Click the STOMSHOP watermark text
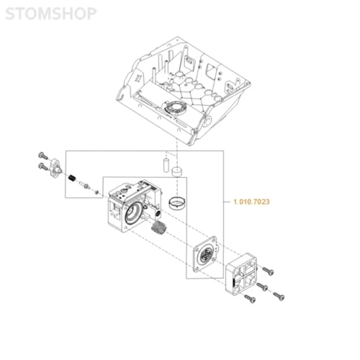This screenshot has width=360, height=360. pyautogui.click(x=51, y=14)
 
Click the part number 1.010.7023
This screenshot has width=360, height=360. pyautogui.click(x=251, y=202)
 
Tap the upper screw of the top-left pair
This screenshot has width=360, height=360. pyautogui.click(x=43, y=156)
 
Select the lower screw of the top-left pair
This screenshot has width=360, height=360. pyautogui.click(x=43, y=166)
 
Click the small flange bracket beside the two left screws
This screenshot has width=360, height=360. pyautogui.click(x=55, y=168)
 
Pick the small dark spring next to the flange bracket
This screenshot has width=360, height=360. pyautogui.click(x=72, y=179)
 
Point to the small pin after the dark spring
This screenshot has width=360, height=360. pyautogui.click(x=86, y=185)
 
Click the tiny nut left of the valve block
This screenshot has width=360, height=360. pyautogui.click(x=96, y=192)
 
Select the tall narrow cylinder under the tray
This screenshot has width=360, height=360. pyautogui.click(x=166, y=165)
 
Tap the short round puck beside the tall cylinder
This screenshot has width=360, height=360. pyautogui.click(x=177, y=171)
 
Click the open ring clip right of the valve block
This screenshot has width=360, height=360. pyautogui.click(x=177, y=203)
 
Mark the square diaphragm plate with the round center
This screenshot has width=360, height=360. pyautogui.click(x=205, y=254)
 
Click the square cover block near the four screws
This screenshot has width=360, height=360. pyautogui.click(x=241, y=274)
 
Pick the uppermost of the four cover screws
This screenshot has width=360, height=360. pyautogui.click(x=268, y=271)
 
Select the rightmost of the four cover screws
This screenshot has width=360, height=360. pyautogui.click(x=279, y=296)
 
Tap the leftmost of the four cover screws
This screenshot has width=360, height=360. pyautogui.click(x=250, y=298)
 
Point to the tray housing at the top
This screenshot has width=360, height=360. pyautogui.click(x=183, y=91)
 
